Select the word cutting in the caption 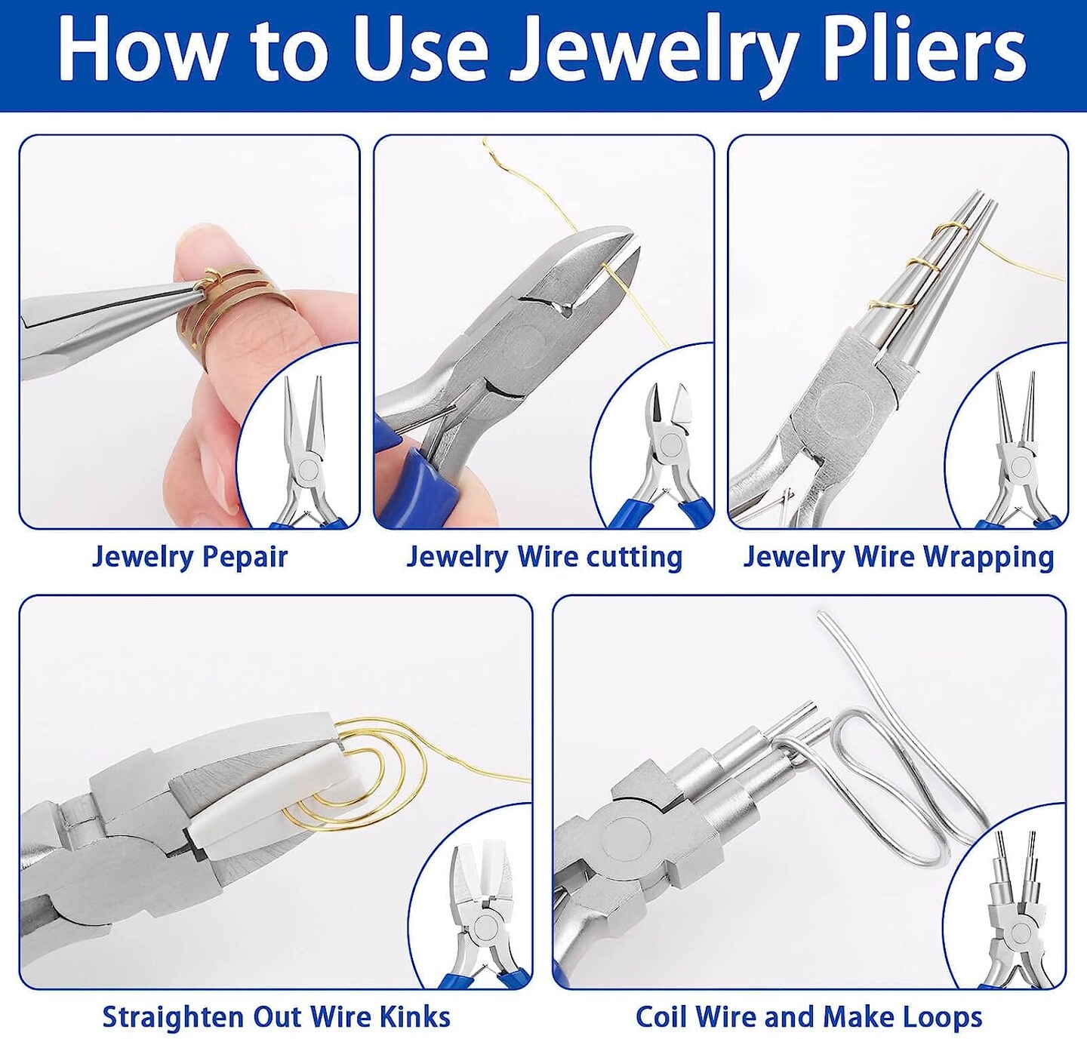(634, 557)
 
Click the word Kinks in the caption (414, 1016)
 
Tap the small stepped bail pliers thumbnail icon (1015, 913)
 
